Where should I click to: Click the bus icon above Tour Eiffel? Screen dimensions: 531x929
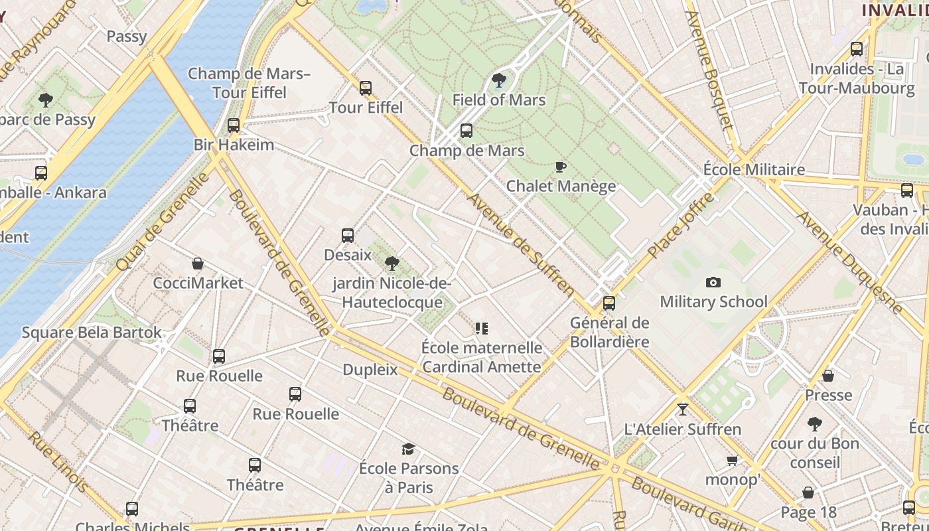pos(365,88)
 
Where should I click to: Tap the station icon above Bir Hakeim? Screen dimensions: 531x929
pos(233,125)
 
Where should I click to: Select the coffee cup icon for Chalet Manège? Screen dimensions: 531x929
pos(561,167)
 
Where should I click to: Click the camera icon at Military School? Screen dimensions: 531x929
pos(713,282)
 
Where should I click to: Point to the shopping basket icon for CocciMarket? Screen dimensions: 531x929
pos(198,264)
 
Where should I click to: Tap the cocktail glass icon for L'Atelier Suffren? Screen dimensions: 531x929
pos(682,409)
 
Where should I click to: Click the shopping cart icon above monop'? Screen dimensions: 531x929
pos(732,460)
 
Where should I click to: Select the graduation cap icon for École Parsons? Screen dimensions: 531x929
pos(408,449)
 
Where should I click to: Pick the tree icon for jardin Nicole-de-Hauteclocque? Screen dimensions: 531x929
pos(392,264)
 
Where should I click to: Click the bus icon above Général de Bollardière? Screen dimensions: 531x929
pos(608,303)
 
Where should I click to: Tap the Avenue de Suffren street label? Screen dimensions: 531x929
pos(521,244)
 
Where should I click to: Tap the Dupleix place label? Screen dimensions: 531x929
pos(370,370)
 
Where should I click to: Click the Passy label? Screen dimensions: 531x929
pos(126,36)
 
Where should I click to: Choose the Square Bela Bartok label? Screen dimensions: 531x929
pos(92,332)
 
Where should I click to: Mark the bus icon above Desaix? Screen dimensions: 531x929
pos(347,235)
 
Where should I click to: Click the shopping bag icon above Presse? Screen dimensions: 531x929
pos(828,376)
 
